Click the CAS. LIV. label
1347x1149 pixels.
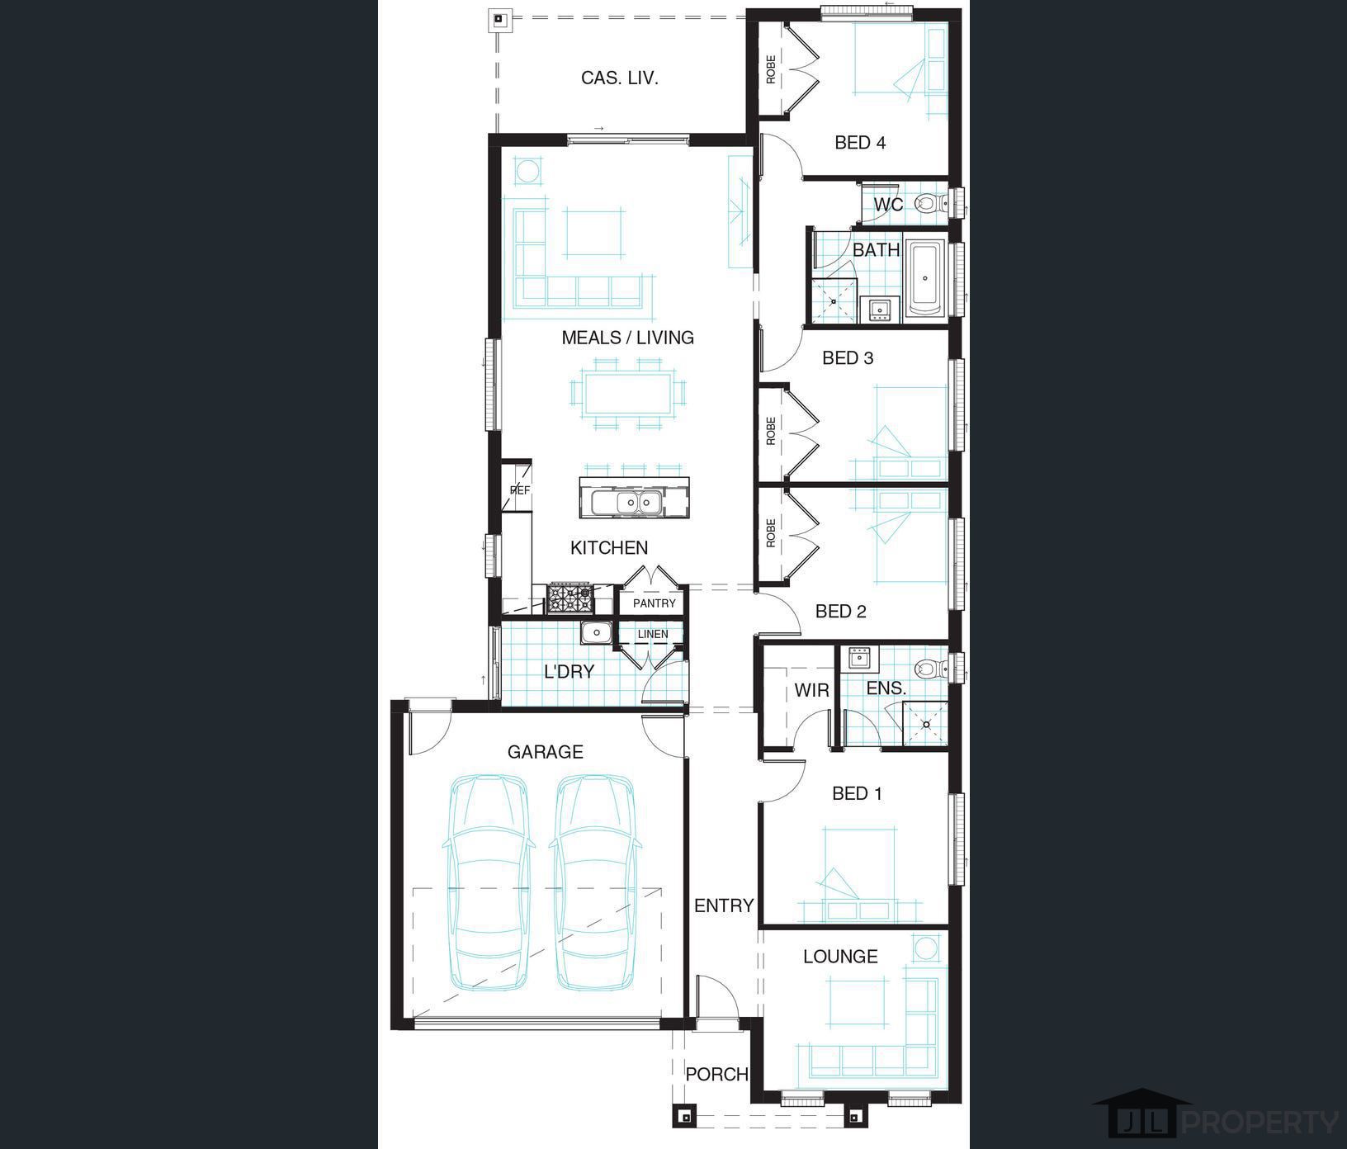[619, 78]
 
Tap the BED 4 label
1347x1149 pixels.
[860, 143]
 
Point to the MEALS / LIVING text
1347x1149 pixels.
[627, 338]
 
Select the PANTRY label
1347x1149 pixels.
[655, 603]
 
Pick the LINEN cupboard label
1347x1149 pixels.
[653, 634]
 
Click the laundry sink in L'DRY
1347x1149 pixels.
[595, 633]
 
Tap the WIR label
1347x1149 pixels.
[811, 690]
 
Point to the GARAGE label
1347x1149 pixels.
[545, 752]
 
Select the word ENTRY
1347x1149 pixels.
[724, 905]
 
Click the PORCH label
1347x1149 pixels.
[717, 1074]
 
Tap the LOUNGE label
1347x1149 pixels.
[840, 957]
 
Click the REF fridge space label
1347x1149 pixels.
[519, 490]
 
